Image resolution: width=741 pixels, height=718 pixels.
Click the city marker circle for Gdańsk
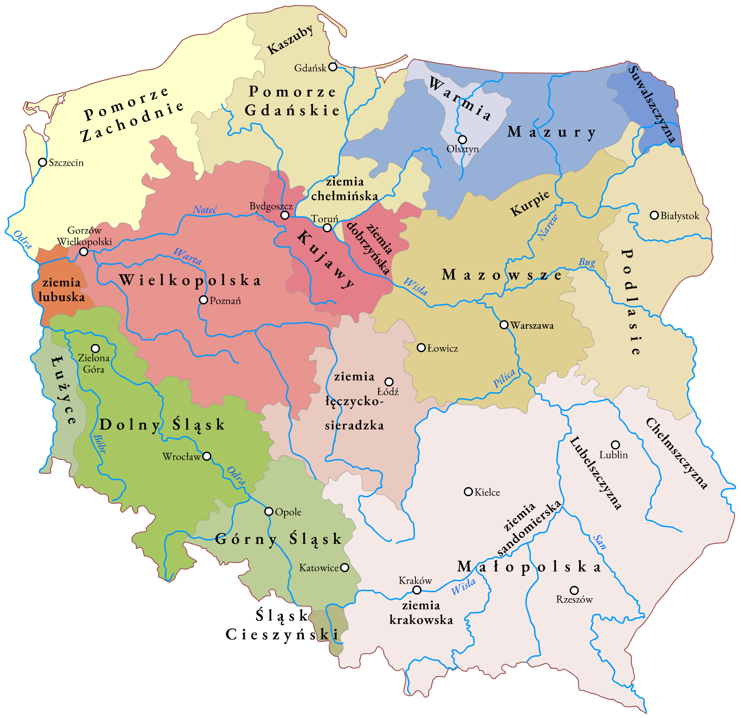click(x=333, y=67)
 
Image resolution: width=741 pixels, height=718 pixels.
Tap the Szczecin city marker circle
click(x=43, y=162)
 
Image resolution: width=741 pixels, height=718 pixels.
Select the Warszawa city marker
click(x=504, y=325)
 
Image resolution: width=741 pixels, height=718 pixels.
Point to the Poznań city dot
click(x=204, y=300)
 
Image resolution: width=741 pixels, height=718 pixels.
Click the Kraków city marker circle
click(x=417, y=590)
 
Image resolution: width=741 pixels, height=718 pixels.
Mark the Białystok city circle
click(x=655, y=215)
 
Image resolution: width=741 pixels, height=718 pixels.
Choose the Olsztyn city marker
click(x=462, y=139)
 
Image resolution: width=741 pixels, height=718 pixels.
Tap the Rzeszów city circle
click(x=574, y=590)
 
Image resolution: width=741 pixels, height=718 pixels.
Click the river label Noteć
click(x=204, y=210)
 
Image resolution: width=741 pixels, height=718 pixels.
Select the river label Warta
click(x=188, y=257)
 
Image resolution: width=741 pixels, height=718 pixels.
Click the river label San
click(x=600, y=542)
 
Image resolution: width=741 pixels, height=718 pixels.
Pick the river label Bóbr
click(x=100, y=444)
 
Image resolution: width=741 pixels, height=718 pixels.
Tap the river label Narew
click(x=548, y=227)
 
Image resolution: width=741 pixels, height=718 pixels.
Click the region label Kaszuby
click(x=290, y=40)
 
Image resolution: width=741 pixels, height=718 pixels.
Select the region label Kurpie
click(x=530, y=204)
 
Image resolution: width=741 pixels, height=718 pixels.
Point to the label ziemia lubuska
click(x=62, y=289)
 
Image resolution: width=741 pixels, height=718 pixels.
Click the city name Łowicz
click(x=442, y=348)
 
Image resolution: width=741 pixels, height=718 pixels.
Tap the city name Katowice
click(x=319, y=568)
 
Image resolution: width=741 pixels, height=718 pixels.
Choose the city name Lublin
click(x=613, y=455)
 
